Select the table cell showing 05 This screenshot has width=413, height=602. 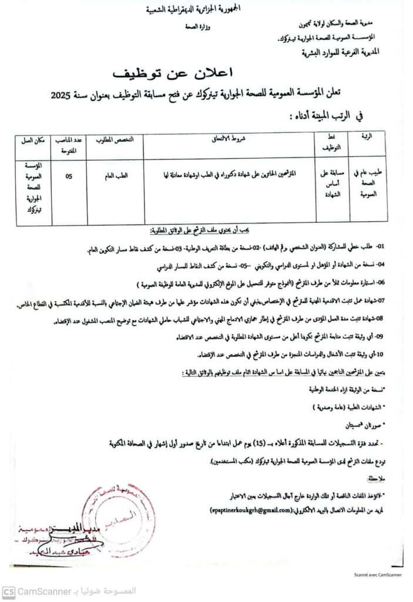pos(69,175)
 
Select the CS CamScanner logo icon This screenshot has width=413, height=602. pos(8,591)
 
